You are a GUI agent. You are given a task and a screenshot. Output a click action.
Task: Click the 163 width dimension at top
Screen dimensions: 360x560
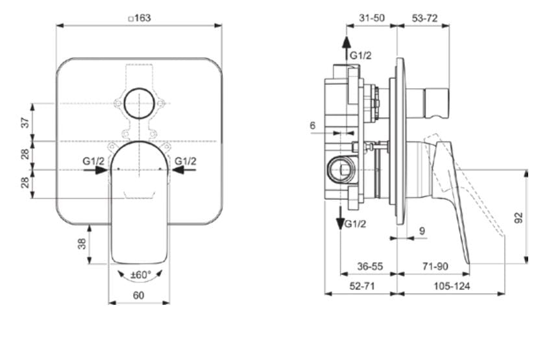[140, 18]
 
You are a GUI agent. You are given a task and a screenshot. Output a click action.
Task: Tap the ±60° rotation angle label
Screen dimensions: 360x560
[140, 275]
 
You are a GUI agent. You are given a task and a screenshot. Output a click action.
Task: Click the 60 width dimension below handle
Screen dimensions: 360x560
[139, 295]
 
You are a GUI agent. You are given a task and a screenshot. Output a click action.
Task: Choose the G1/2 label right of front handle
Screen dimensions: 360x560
[186, 161]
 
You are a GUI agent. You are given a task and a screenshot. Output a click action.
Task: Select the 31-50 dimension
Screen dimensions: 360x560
[371, 18]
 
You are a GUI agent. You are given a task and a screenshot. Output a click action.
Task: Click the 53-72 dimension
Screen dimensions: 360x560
[426, 18]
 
